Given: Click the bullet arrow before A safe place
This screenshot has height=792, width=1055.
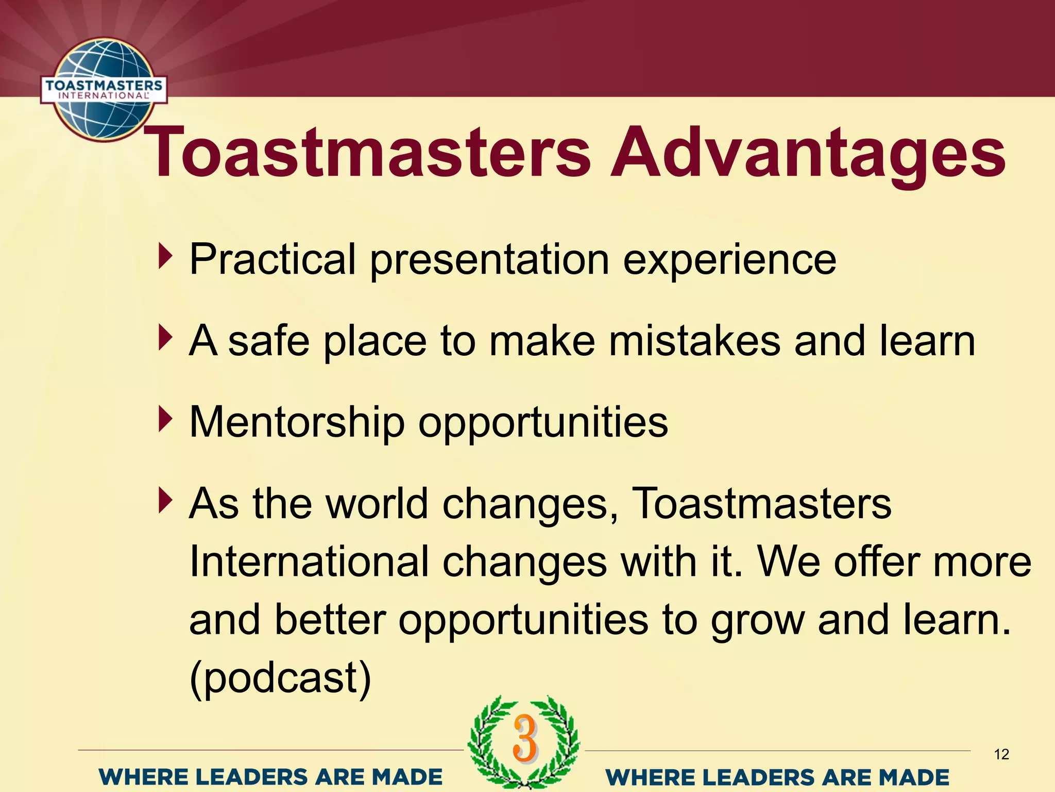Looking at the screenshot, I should pyautogui.click(x=164, y=338).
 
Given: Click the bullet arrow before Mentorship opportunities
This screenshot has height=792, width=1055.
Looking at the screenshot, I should pyautogui.click(x=164, y=419).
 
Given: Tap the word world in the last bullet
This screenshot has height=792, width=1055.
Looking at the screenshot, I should pyautogui.click(x=377, y=503).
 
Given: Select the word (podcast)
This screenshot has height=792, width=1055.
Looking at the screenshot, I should pyautogui.click(x=280, y=678).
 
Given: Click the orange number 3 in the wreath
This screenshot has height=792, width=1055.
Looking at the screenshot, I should pyautogui.click(x=525, y=738).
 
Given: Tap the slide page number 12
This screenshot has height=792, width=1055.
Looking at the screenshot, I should pyautogui.click(x=1001, y=755).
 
